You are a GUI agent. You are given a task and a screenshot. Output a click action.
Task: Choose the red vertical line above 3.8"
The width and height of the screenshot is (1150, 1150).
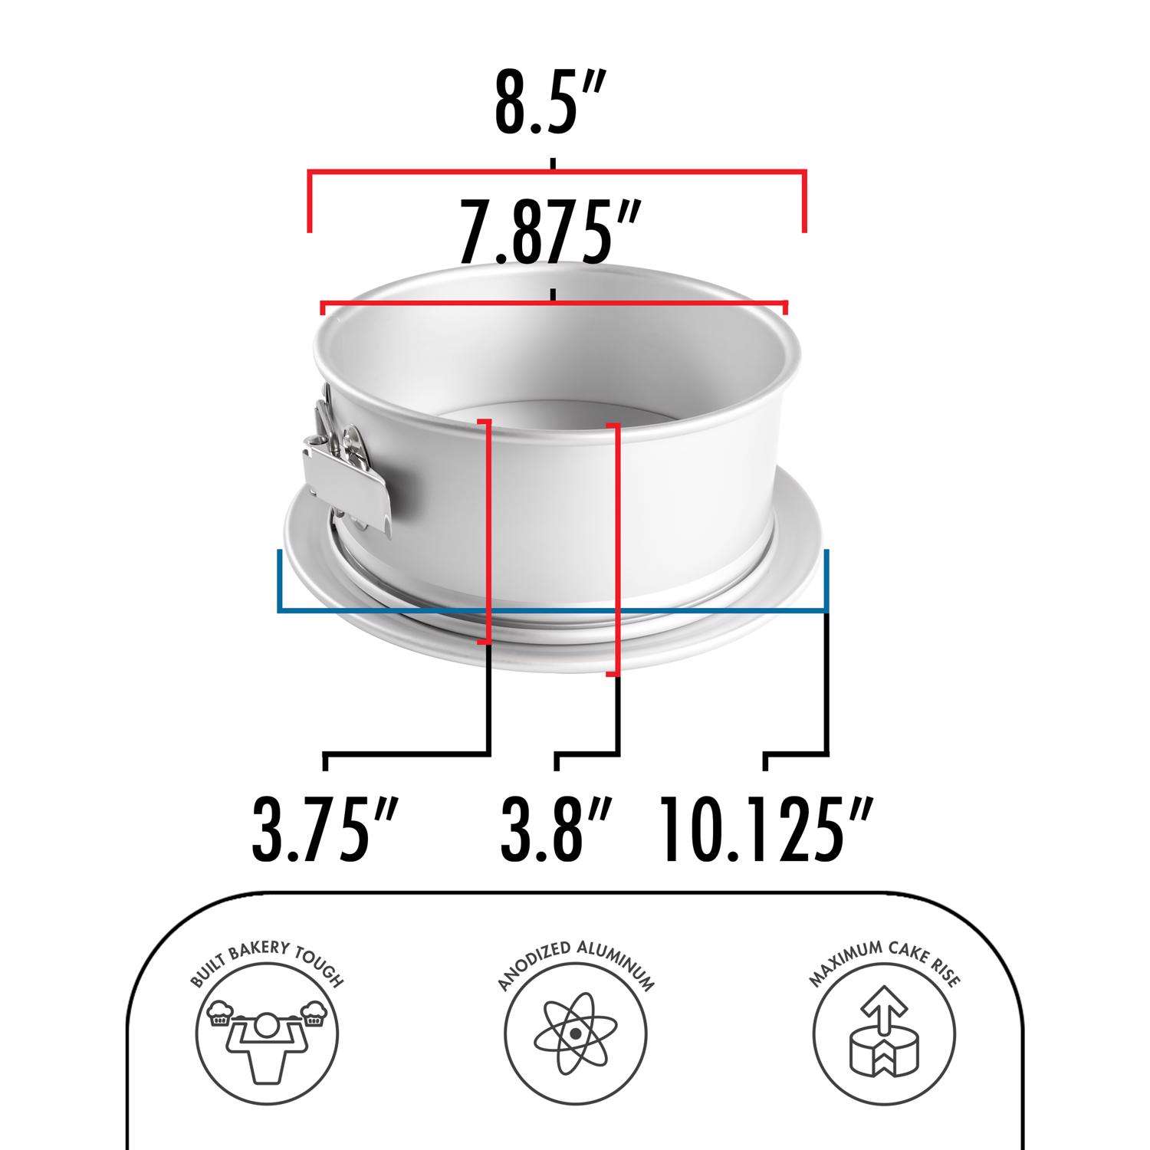(x=617, y=548)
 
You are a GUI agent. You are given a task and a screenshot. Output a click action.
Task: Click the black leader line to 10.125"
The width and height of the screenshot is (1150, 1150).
(x=828, y=690)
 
